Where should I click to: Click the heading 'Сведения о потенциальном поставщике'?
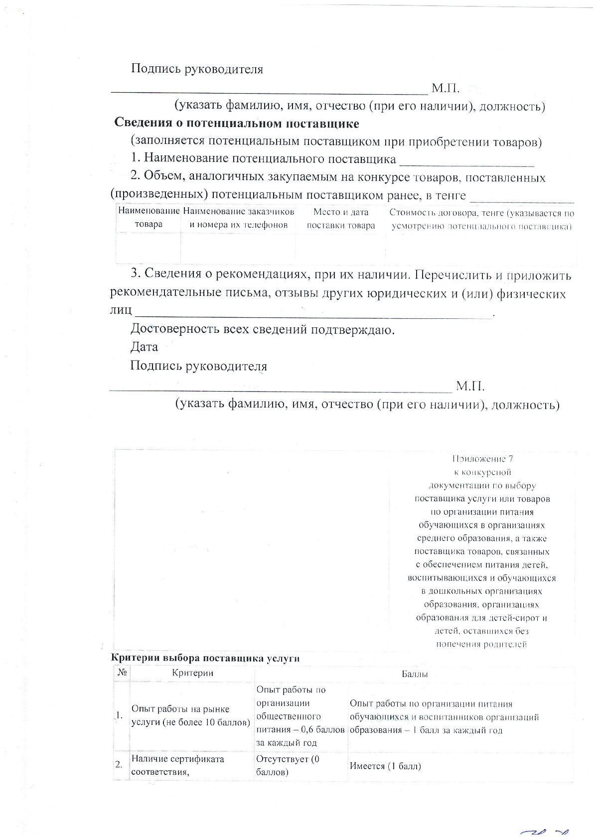click(237, 123)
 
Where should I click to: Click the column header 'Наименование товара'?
click(148, 218)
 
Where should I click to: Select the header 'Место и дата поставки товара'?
click(341, 218)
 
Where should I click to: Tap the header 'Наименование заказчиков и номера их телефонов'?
click(238, 218)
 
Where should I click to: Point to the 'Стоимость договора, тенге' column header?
click(481, 219)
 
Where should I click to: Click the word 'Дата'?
click(144, 347)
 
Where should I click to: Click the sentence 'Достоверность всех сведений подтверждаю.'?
click(263, 330)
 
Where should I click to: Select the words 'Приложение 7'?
click(482, 459)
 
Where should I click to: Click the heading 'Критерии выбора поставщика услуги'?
click(205, 658)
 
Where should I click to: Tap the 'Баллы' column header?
click(415, 674)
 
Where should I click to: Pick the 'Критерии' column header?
click(192, 673)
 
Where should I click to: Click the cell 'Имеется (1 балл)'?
click(385, 766)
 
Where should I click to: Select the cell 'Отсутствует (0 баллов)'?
click(288, 766)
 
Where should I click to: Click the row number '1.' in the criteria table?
click(119, 716)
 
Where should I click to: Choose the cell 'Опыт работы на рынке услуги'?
click(191, 716)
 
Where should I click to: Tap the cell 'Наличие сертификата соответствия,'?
click(177, 766)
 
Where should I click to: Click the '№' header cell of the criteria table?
click(122, 673)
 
